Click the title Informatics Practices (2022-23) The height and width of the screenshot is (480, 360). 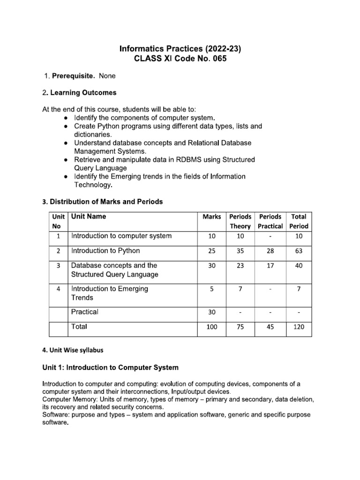(181, 48)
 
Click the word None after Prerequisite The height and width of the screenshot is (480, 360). (107, 75)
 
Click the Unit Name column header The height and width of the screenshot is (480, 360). (89, 217)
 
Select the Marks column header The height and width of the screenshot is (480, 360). (211, 217)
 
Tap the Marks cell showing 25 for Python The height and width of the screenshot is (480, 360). (211, 251)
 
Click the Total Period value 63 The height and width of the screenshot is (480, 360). (299, 251)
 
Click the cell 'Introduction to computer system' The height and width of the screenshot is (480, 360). (121, 236)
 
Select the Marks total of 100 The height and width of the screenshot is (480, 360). (211, 327)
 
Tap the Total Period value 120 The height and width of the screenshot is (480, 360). (299, 327)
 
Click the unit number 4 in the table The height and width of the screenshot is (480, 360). (58, 289)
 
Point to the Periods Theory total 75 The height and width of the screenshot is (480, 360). (240, 327)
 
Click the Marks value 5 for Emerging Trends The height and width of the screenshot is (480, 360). (211, 289)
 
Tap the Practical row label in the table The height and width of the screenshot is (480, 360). (85, 312)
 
